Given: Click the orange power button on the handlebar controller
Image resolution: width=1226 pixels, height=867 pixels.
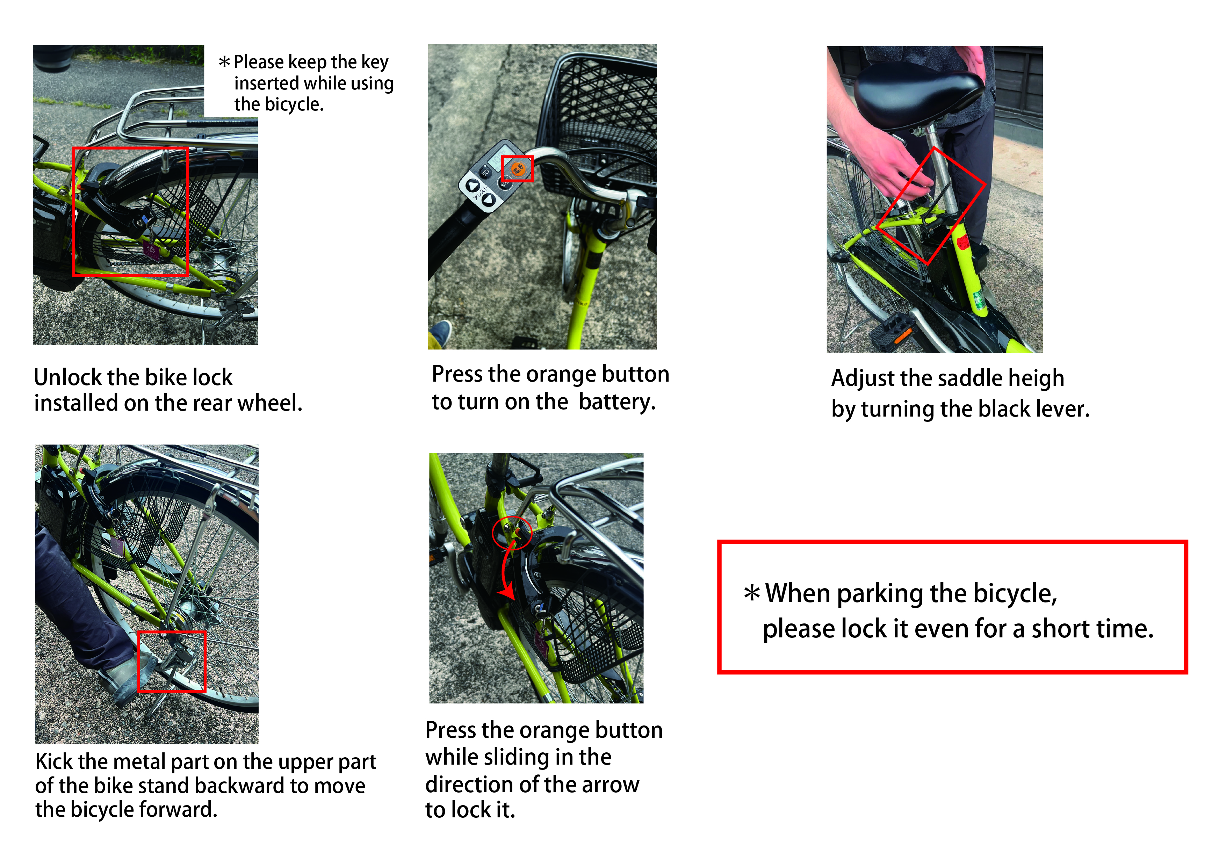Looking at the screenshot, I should point(518,169).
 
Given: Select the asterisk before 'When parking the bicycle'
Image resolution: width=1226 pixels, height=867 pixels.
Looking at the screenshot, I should point(751,593).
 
